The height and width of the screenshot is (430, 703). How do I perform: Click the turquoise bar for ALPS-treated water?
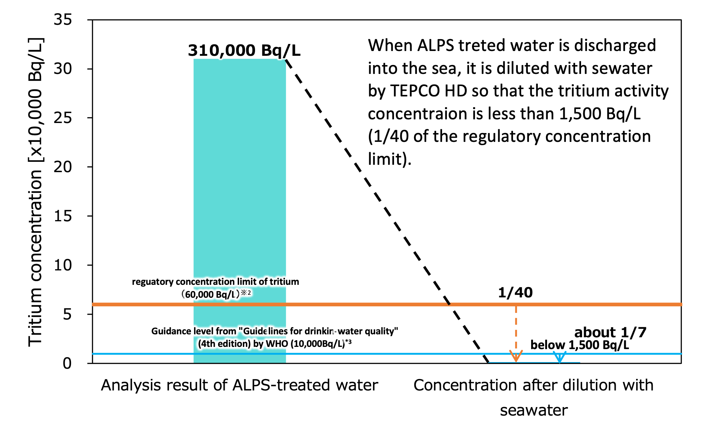[240, 211]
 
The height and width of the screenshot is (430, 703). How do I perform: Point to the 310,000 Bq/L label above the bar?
[244, 50]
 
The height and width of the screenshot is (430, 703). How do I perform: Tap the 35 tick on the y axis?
[63, 19]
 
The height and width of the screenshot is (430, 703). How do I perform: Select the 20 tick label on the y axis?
[63, 167]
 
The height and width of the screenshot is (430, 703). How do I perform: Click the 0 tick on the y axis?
[67, 363]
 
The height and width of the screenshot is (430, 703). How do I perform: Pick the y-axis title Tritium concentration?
[35, 192]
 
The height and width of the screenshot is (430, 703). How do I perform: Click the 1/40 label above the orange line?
[515, 293]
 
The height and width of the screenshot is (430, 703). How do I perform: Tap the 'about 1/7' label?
[610, 332]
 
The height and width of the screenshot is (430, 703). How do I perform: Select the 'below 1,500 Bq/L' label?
[580, 345]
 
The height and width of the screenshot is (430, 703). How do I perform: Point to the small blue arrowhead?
[560, 357]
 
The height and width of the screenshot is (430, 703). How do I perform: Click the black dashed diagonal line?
[387, 211]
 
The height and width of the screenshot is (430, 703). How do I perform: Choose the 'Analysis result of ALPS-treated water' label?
[240, 385]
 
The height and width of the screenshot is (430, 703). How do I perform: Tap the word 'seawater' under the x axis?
[534, 410]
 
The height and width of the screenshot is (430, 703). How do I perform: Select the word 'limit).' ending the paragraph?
[390, 159]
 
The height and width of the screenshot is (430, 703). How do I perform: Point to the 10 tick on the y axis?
[63, 265]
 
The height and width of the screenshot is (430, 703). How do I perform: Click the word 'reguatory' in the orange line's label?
[153, 282]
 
